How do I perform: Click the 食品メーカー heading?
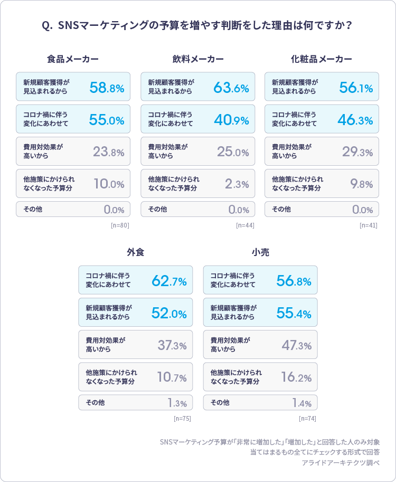coord(73,59)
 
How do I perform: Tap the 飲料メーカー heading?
coord(197,59)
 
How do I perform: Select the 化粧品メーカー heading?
coord(322,59)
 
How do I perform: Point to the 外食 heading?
coord(135,252)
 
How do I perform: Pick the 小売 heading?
coord(260,252)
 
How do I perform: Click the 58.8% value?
coord(107,88)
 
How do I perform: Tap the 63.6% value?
coord(231,88)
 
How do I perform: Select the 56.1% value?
coord(356,88)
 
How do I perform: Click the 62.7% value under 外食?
coord(169,281)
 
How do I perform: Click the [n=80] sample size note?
coord(120,225)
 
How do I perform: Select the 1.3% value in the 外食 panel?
coord(177,403)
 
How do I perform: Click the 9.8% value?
coord(362,184)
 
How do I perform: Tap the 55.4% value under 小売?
coord(294,314)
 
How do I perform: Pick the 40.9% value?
coord(231,120)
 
